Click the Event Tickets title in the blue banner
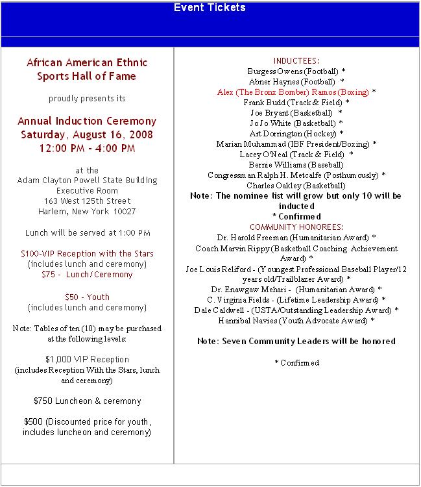point(210,8)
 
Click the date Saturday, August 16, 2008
point(87,135)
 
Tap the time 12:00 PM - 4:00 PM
point(87,148)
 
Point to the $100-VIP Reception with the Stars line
point(87,253)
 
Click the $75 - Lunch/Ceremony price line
point(87,274)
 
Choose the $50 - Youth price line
point(87,297)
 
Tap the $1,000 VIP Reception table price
point(87,359)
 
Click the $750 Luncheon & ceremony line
point(87,401)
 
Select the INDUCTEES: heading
point(296,60)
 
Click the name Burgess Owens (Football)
point(296,71)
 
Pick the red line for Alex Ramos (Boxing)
point(296,92)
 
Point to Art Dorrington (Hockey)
point(296,134)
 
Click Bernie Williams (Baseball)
point(296,165)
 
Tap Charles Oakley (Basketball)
point(296,186)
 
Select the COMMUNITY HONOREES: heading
point(296,227)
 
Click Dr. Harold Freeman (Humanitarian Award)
point(296,238)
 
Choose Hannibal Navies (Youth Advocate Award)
point(296,321)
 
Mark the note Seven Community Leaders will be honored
point(296,341)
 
